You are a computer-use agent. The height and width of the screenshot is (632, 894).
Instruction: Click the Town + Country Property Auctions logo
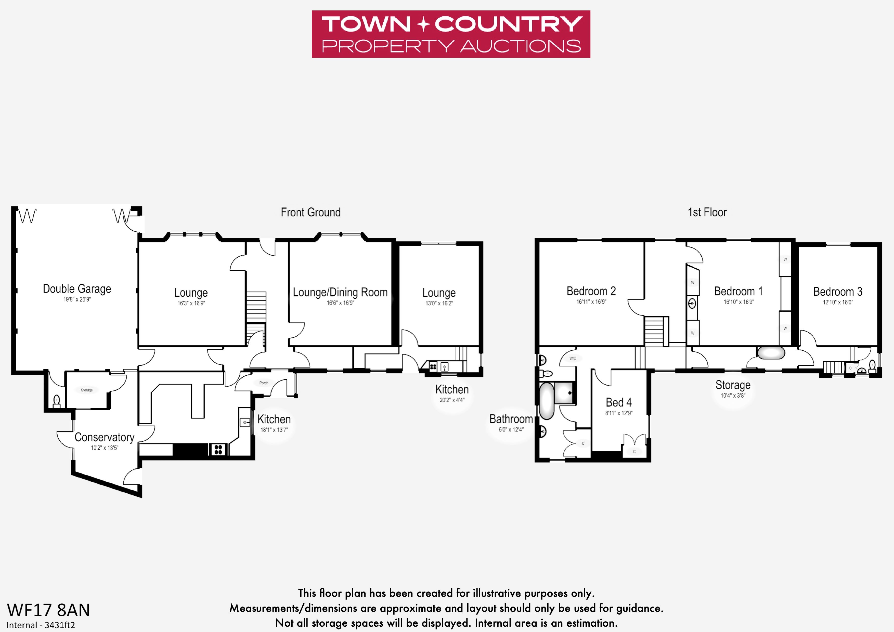point(451,34)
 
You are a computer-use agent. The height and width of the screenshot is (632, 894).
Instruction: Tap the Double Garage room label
point(77,289)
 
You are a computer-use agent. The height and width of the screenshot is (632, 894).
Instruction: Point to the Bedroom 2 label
point(591,291)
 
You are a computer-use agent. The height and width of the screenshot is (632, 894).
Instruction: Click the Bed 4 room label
point(619,402)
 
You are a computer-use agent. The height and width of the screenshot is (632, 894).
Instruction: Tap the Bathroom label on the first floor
point(511,419)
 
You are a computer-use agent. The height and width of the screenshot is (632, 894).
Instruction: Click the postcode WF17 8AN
point(48,610)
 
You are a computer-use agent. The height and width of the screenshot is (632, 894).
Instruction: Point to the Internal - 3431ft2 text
point(41,625)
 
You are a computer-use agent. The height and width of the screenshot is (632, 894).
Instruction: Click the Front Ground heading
point(311,213)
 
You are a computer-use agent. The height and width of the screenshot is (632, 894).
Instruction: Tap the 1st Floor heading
point(707,213)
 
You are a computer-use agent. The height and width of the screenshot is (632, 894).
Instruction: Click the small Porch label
point(264,383)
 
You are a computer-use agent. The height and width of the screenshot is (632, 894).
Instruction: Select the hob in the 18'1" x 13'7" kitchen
point(218,450)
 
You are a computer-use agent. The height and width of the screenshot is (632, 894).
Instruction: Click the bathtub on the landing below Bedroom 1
point(771,353)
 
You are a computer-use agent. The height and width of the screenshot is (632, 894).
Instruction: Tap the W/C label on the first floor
point(573,358)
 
